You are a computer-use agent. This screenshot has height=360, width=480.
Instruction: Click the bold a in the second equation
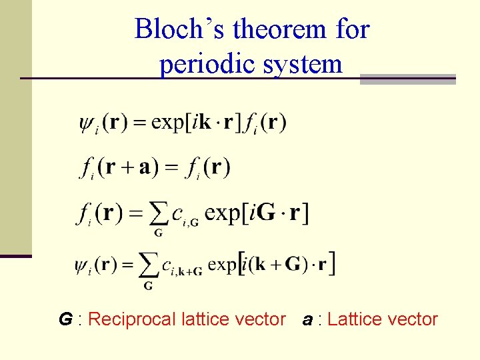tap(144, 166)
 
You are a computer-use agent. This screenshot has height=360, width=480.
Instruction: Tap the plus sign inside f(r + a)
tap(127, 167)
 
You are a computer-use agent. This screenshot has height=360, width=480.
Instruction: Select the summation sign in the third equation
tap(158, 213)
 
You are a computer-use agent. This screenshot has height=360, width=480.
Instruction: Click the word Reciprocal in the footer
tap(132, 320)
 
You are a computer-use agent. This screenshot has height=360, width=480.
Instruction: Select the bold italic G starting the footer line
tap(65, 320)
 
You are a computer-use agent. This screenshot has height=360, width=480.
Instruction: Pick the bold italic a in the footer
tap(307, 320)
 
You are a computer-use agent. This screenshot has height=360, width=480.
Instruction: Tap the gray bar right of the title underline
tap(407, 79)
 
